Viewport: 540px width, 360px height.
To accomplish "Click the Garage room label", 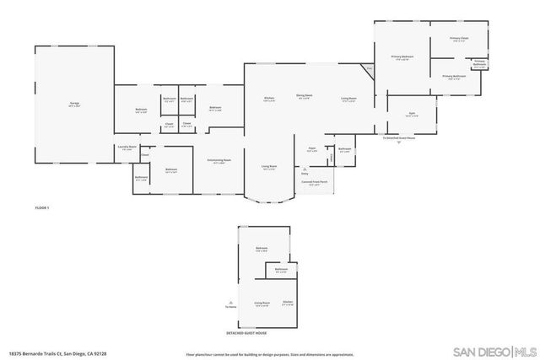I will [x=74, y=104].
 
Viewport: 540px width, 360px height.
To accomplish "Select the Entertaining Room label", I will [x=219, y=161].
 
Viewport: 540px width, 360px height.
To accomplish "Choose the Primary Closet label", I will [x=459, y=38].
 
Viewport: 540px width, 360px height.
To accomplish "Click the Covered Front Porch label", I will [x=314, y=181].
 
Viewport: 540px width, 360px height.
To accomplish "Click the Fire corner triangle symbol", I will [x=369, y=68].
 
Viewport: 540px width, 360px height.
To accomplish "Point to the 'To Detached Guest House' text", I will [x=398, y=137].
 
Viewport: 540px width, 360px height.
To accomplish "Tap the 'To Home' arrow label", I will [x=229, y=308].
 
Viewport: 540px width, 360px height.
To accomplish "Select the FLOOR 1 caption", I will [x=42, y=207].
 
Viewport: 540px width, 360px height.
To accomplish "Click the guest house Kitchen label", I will [x=289, y=302].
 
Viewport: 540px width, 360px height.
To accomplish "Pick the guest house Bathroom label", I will [x=281, y=270].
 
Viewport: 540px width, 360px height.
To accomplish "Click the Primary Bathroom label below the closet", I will [x=454, y=77].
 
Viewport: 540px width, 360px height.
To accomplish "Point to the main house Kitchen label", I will [x=269, y=98].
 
